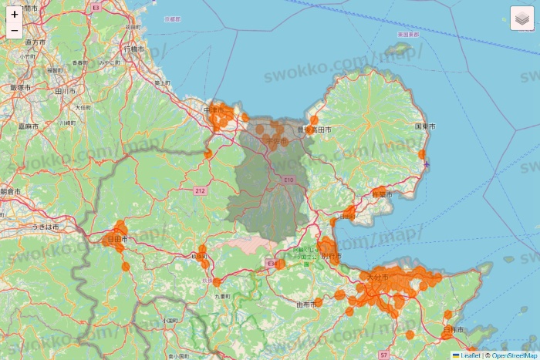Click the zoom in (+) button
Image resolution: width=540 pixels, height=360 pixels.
(15, 14)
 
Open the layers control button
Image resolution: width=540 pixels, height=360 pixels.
(521, 19)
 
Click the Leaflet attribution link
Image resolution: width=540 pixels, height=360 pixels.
(470, 355)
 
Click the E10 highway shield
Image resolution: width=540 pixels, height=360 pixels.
(289, 180)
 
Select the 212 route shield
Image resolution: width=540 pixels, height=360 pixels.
(200, 190)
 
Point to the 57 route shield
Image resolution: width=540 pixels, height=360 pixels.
(383, 355)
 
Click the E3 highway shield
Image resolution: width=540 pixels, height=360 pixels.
(96, 6)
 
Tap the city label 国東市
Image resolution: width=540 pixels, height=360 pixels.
(425, 126)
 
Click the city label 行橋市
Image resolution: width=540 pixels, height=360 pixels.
(133, 49)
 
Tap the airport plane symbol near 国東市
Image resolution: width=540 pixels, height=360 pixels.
(427, 163)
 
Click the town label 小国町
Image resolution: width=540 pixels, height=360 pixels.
(170, 320)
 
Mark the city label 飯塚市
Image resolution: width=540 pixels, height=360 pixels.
(20, 88)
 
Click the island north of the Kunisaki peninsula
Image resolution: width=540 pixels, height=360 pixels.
(399, 51)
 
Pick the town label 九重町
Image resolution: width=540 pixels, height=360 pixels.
(223, 296)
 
